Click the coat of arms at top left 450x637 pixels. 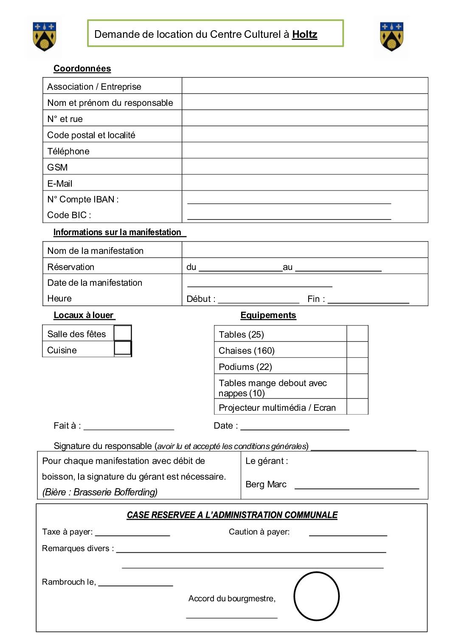44,37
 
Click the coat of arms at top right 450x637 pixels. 391,37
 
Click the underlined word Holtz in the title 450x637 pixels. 304,34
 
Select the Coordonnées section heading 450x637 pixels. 82,68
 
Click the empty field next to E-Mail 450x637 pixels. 304,183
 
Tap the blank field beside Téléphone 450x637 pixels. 304,151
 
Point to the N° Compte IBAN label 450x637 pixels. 83,199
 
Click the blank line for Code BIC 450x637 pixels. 289,216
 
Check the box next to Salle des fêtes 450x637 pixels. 123,333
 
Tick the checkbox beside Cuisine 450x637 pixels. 123,348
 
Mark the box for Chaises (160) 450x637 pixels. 357,350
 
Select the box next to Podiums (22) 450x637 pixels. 357,366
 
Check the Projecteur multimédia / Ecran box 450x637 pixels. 357,407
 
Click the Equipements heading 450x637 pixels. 268,315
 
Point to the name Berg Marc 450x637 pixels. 266,484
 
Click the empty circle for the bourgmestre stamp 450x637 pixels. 316,596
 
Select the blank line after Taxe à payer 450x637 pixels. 132,533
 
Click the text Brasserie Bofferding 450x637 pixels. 115,492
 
